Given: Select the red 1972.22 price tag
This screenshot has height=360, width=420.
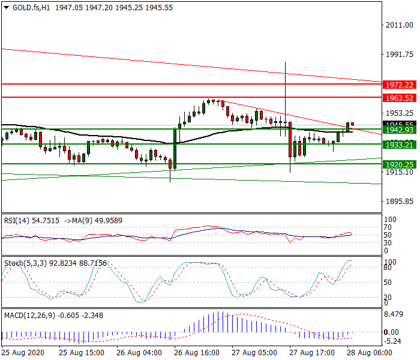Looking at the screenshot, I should [400, 85].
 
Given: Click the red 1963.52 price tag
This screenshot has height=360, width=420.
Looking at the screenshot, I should [400, 98].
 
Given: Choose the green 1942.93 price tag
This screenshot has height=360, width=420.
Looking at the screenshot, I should [400, 130].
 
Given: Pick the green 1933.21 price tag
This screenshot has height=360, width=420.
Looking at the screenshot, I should [400, 145].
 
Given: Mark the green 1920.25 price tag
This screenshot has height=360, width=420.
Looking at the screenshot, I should [400, 164].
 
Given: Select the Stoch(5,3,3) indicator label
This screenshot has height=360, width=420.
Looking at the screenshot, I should [23, 263].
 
